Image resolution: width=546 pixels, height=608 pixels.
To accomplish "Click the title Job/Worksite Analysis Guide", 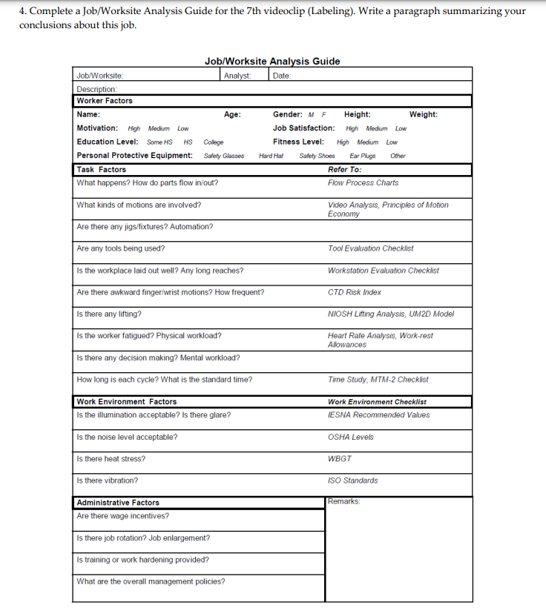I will [x=272, y=62].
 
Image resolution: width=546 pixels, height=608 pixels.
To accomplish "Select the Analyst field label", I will [x=237, y=75].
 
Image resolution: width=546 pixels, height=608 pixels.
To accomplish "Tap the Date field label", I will [x=282, y=75].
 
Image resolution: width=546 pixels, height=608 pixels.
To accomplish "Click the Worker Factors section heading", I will [x=105, y=101].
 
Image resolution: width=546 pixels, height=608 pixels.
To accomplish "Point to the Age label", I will [x=232, y=115].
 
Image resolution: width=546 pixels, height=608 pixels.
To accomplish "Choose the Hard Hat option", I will [x=271, y=156].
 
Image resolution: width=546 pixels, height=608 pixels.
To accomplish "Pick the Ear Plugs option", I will [x=363, y=156].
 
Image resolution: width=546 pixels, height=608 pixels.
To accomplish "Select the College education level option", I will [x=213, y=142].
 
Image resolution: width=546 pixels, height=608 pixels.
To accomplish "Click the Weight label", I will [x=423, y=115].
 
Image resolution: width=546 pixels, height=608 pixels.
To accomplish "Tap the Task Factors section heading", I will [x=102, y=170].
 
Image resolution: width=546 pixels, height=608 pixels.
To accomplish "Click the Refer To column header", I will [x=344, y=170].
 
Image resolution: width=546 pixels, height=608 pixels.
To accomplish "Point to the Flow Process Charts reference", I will [x=363, y=183].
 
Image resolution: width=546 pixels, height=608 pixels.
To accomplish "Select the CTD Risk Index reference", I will [x=355, y=292].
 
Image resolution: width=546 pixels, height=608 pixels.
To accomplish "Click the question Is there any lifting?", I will [x=109, y=314].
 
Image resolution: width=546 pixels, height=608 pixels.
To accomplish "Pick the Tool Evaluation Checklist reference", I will [x=370, y=248].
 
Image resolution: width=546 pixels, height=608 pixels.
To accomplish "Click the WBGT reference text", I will [x=340, y=459].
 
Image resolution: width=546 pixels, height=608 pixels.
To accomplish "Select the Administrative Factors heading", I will [x=118, y=503].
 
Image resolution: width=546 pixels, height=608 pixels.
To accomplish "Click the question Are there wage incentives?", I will [x=122, y=516].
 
